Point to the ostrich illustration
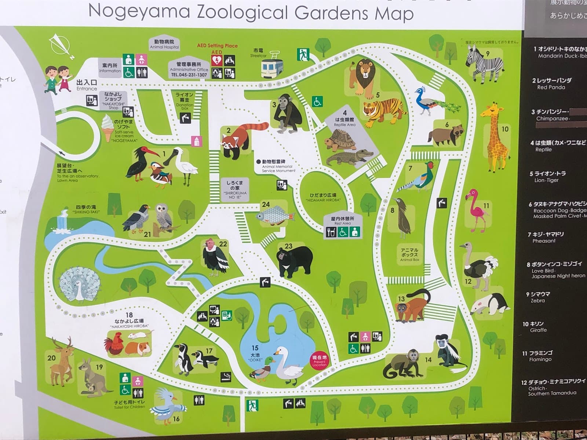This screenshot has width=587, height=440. tap(479, 266)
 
